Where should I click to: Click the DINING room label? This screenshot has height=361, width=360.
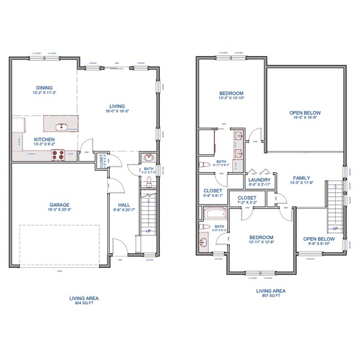pos(44,88)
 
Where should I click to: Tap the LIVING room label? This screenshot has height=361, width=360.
pos(117,106)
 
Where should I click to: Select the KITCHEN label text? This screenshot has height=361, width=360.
pos(44,139)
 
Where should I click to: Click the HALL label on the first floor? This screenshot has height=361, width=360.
pos(124,205)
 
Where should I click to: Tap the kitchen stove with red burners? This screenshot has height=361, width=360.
pos(58,155)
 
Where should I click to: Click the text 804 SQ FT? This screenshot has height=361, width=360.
pos(84,303)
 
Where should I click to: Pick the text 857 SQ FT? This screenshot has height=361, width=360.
pos(271,296)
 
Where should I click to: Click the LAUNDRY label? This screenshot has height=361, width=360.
pos(259,180)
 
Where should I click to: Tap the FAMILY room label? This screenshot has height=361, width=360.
pos(303,178)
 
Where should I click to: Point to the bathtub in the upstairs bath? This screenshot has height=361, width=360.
pos(214,213)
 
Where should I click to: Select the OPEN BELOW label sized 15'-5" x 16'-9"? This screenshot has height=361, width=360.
pos(305,113)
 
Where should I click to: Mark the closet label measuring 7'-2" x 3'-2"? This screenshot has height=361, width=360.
pos(246,197)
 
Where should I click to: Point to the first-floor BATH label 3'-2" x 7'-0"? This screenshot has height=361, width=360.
pos(148,169)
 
